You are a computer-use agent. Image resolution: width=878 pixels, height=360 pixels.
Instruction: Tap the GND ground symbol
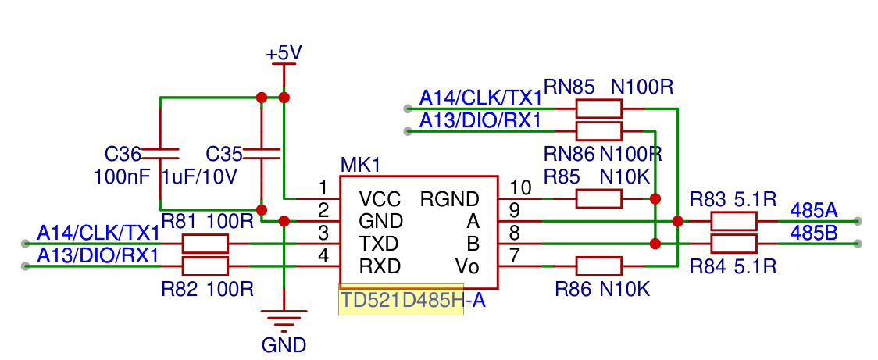(x=284, y=319)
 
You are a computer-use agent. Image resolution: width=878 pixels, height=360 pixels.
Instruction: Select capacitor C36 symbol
(x=160, y=152)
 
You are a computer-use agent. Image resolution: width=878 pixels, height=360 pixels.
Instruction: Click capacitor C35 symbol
(x=261, y=152)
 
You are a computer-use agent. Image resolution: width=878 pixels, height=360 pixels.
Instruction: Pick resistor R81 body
(x=205, y=244)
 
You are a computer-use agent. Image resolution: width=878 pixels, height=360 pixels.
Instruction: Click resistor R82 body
(x=205, y=266)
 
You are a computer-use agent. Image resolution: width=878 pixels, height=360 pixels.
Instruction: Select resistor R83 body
(x=733, y=221)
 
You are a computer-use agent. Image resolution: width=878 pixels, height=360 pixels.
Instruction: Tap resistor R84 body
(x=733, y=244)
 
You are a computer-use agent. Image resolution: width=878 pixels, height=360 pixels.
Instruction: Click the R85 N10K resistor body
(x=598, y=198)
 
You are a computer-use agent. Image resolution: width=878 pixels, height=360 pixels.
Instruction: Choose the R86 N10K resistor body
(x=598, y=266)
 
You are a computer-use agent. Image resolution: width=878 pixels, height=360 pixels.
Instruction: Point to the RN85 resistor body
(x=598, y=109)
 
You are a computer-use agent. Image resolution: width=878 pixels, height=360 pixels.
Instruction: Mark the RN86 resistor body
(x=598, y=131)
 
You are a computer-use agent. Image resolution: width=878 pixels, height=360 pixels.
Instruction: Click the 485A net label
(x=813, y=210)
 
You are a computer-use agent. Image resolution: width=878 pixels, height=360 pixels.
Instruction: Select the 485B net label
(x=813, y=233)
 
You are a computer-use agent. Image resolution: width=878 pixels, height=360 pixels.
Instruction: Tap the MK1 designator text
(x=361, y=166)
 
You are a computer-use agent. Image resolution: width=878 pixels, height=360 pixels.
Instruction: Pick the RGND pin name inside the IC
(x=450, y=198)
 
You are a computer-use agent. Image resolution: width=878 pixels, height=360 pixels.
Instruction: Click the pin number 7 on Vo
(x=514, y=256)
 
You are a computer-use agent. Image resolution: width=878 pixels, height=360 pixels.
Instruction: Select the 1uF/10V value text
(x=199, y=177)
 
